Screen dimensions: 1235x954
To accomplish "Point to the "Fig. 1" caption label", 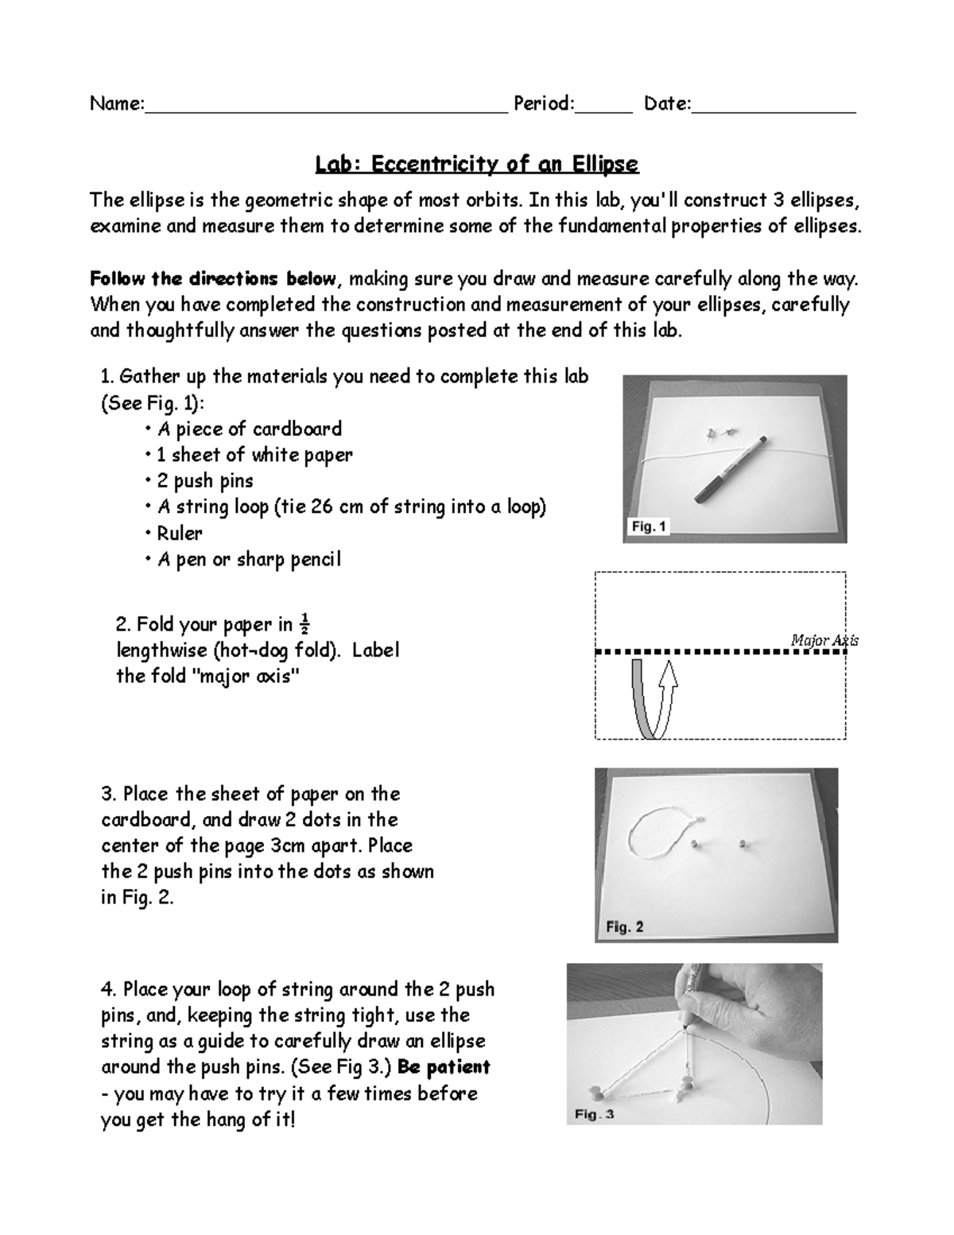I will (650, 526).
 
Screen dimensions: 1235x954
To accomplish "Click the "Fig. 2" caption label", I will (624, 926).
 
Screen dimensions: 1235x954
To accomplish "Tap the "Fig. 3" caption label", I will (594, 1114).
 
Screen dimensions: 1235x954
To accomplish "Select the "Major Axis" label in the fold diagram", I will (824, 640).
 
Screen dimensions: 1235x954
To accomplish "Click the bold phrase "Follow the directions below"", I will (213, 279).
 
